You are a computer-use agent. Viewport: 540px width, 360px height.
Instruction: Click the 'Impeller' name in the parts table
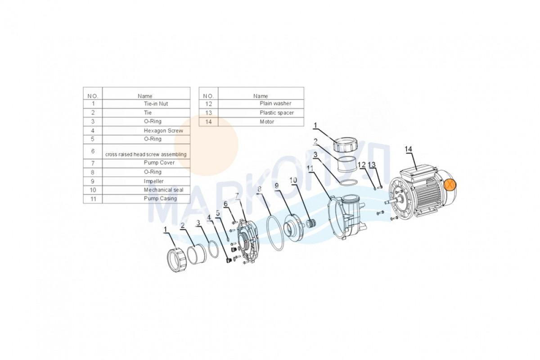coord(153,181)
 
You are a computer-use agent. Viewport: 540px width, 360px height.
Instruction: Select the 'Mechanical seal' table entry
coord(163,190)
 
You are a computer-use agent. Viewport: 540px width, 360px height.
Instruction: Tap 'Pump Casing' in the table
coord(160,198)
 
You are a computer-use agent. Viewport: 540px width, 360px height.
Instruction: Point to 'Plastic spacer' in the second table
coord(277,112)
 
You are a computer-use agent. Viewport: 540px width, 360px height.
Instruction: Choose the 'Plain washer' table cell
coord(275,103)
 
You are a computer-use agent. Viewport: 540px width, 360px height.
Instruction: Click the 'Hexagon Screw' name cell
coord(163,130)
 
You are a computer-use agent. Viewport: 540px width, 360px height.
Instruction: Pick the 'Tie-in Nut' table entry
coord(156,103)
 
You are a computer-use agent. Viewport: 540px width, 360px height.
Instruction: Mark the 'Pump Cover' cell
coord(159,162)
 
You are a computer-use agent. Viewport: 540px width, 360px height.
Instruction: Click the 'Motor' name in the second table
coord(267,121)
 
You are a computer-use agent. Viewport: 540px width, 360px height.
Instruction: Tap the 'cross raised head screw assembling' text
coord(146,154)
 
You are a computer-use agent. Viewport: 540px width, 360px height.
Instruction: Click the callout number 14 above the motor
coord(408,149)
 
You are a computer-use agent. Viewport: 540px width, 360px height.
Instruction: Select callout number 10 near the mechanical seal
coord(293,180)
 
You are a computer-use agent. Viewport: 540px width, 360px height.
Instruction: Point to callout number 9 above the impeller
coord(276,186)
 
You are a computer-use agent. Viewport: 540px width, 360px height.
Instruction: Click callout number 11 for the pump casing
coord(310,168)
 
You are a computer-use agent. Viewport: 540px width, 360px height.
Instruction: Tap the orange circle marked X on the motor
coord(450,184)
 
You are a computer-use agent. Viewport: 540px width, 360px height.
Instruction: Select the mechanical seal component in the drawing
coord(311,223)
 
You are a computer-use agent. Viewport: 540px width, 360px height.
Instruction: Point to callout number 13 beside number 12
coord(372,165)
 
